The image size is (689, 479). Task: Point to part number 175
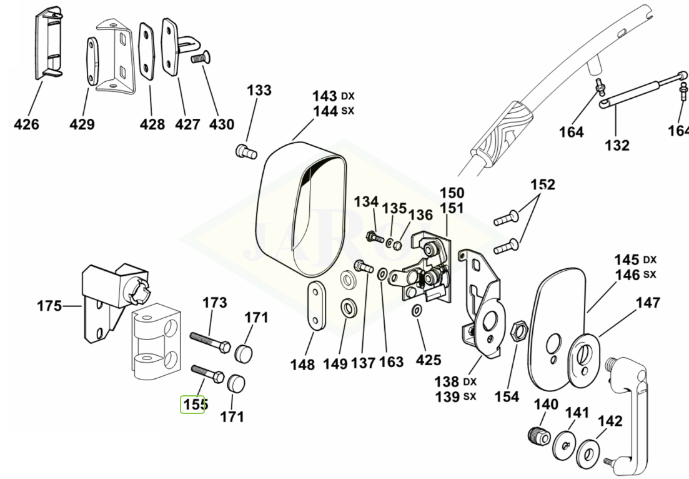tap(50, 306)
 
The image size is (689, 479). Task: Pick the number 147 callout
tap(648, 303)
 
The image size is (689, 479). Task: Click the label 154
tap(506, 396)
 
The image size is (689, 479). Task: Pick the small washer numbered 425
tap(417, 311)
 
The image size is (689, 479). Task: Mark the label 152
tap(542, 185)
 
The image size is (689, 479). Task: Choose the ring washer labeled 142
tap(590, 451)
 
